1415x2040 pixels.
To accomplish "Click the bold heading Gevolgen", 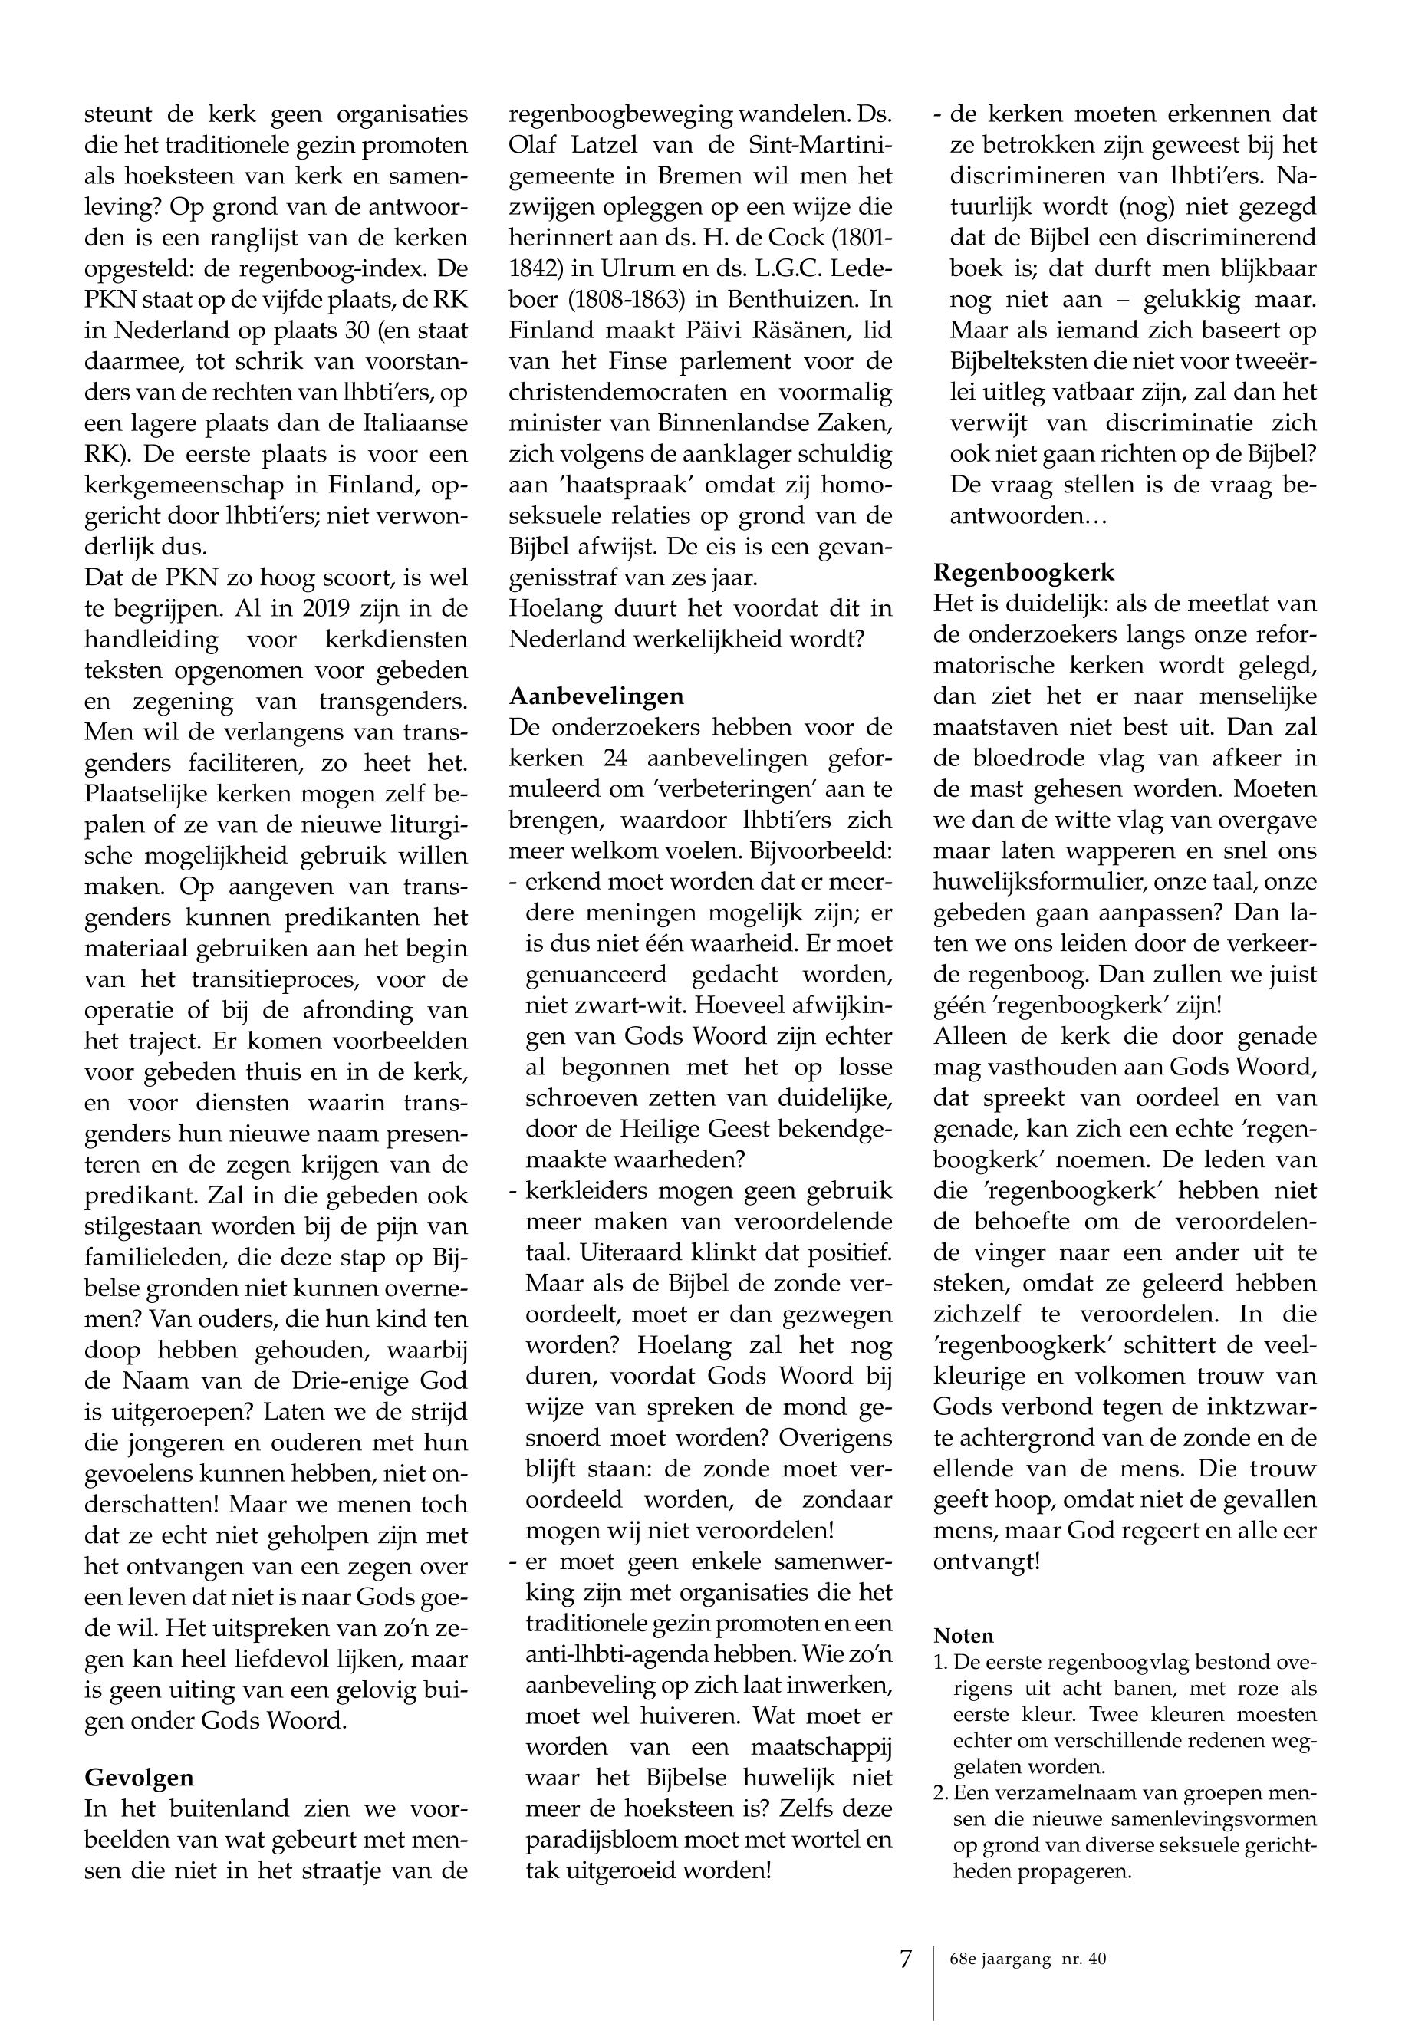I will tap(139, 1778).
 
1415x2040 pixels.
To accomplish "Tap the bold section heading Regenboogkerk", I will tap(1024, 572).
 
